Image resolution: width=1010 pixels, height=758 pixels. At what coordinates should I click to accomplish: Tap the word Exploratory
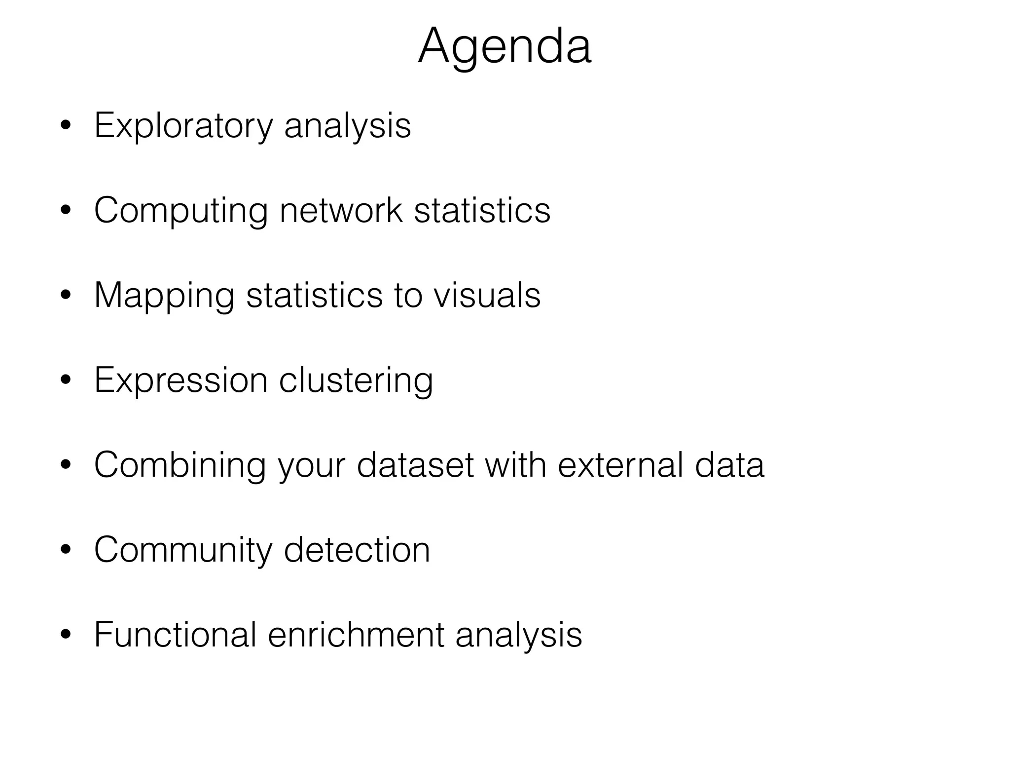(183, 126)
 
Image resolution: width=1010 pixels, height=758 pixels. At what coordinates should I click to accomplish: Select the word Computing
(180, 211)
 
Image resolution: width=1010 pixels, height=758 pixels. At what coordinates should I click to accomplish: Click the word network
(341, 210)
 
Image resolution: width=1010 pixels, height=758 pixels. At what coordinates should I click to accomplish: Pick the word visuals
(487, 295)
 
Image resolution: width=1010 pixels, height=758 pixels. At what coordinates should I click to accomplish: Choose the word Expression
(180, 381)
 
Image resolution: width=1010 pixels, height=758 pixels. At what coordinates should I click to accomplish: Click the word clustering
(356, 381)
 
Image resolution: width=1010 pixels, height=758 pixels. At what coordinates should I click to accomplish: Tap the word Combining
(180, 466)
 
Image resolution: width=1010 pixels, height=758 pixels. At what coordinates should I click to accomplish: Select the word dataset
(415, 465)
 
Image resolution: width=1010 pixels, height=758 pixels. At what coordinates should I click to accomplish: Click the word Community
(183, 551)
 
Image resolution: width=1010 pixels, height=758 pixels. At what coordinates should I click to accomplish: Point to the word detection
(357, 550)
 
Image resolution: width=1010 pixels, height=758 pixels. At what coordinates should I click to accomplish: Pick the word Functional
(175, 635)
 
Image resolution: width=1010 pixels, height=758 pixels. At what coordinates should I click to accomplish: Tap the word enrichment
(356, 635)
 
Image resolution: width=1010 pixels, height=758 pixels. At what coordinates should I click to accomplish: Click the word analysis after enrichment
(518, 636)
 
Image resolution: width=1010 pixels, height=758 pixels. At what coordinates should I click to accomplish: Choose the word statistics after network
(482, 210)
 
